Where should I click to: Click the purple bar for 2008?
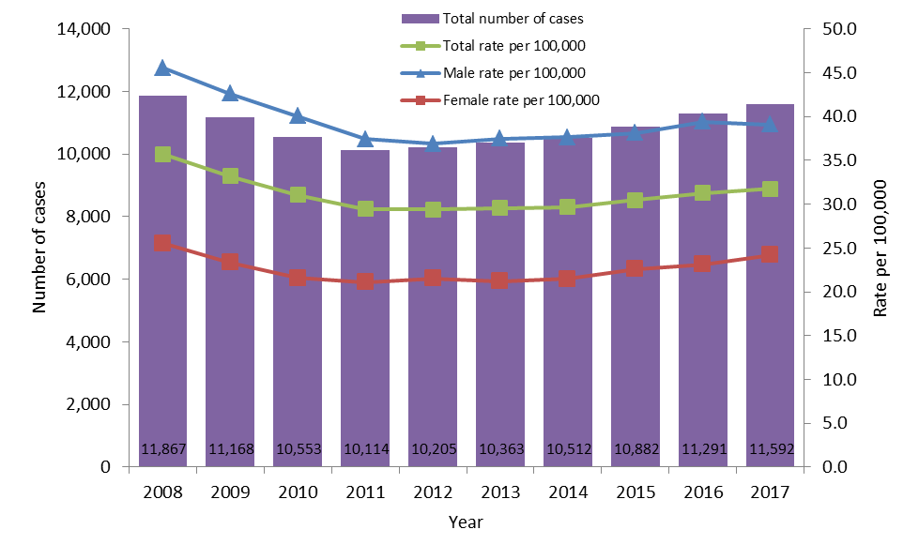click(162, 281)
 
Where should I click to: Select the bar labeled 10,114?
click(365, 310)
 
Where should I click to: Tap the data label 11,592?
click(771, 449)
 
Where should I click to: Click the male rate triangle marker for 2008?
click(162, 68)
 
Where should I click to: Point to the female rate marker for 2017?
click(770, 254)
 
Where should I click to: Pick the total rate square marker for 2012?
click(433, 209)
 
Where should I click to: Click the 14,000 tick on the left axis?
click(84, 30)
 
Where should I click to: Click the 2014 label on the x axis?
click(567, 492)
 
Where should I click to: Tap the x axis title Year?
click(466, 522)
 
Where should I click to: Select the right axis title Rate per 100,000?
click(881, 249)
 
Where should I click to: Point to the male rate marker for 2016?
click(702, 122)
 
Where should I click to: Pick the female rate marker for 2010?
click(298, 279)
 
